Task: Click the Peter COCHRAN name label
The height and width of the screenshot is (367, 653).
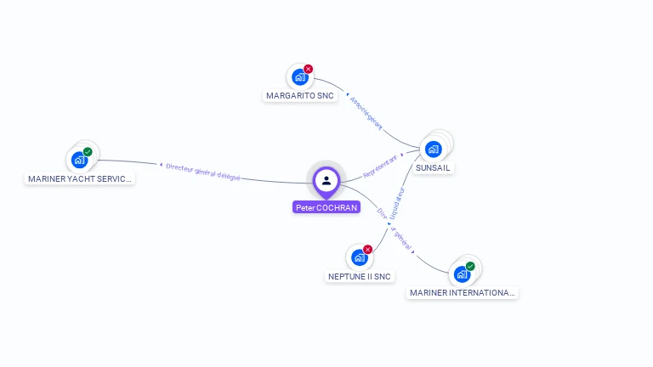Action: coord(326,207)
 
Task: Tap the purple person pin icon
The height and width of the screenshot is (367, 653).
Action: coord(326,180)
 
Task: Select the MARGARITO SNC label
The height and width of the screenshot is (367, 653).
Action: coord(300,96)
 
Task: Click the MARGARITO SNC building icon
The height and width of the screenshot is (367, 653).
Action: coord(299,77)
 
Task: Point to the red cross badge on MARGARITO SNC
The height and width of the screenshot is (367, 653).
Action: coord(309,69)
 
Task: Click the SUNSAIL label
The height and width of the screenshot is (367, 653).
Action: coord(434,168)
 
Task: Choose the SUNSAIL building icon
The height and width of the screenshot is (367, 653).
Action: coord(434,150)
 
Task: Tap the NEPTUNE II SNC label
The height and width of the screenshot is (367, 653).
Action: coord(360,276)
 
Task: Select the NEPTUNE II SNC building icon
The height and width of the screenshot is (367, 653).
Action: coord(359,257)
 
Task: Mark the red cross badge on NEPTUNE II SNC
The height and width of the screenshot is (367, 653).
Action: coord(368,249)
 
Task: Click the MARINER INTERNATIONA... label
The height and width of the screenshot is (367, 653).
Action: coord(462,293)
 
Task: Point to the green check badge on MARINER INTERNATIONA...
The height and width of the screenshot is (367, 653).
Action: coord(470,266)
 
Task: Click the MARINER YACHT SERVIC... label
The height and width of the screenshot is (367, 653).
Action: coord(80,179)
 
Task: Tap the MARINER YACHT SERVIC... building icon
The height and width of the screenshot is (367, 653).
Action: coord(79,160)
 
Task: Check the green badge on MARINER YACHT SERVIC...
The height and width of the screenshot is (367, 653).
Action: coord(88,152)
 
